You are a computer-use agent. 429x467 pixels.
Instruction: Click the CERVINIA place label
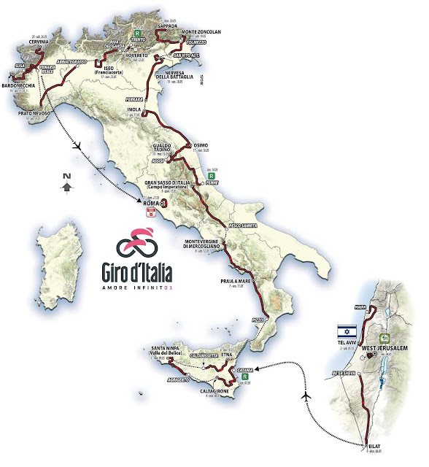tap(34, 42)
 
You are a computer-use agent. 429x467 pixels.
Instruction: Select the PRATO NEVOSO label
tap(31, 113)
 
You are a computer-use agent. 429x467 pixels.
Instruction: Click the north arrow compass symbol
tap(66, 184)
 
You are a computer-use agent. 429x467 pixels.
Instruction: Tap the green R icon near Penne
tap(212, 177)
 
